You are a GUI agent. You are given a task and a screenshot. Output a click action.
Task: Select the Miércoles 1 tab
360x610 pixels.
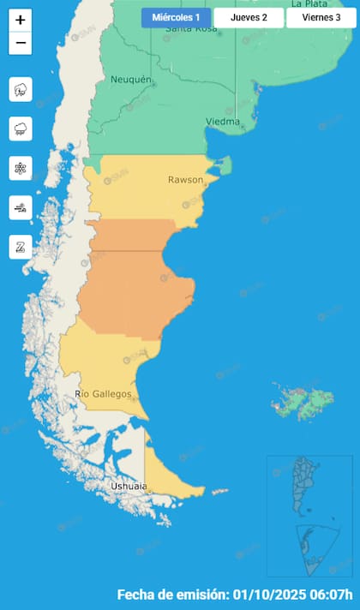coord(176,17)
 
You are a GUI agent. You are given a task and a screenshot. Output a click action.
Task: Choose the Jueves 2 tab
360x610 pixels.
coord(249,17)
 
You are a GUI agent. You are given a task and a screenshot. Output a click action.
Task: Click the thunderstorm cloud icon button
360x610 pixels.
coord(21,89)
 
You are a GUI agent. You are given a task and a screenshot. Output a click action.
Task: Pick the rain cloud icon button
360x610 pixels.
coord(21,129)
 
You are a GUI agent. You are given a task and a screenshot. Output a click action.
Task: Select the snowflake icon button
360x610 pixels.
coord(21,168)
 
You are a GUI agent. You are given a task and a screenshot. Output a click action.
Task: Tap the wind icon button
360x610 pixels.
coord(21,207)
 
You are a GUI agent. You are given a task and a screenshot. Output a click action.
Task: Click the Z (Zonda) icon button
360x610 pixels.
coord(21,247)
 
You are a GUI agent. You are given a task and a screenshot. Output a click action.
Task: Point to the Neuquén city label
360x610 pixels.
coord(130,80)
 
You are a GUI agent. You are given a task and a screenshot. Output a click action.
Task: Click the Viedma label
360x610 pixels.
coord(222,122)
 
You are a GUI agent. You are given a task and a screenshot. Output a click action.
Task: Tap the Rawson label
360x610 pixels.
coord(185,180)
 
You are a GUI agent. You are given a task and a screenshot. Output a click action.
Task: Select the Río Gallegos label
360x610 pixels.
coord(104,393)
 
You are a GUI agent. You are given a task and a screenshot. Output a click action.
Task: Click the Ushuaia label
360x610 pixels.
coord(129,487)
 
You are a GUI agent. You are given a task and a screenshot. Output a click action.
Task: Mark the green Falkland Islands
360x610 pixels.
coord(303,400)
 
